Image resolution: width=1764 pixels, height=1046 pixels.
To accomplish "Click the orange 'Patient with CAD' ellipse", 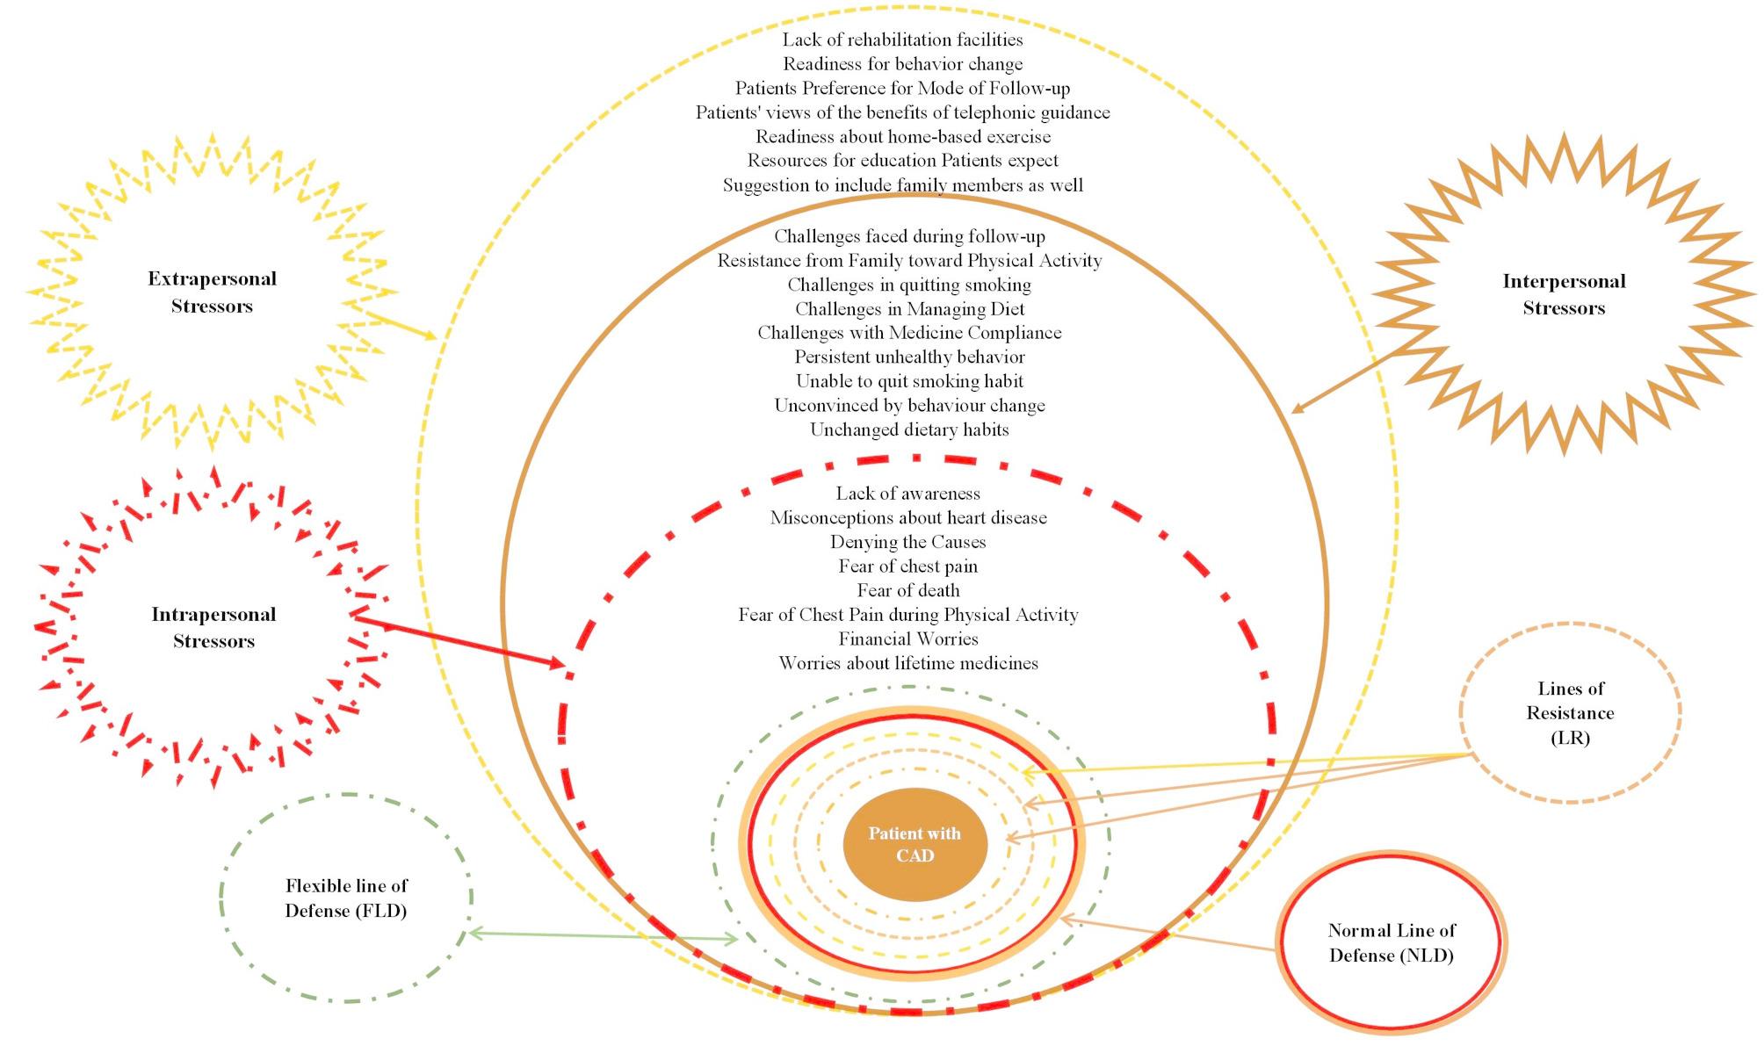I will pyautogui.click(x=915, y=844).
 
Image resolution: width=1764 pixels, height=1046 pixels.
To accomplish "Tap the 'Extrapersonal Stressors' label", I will pyautogui.click(x=212, y=292).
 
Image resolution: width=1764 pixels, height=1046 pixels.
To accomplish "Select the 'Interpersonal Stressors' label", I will pyautogui.click(x=1564, y=295).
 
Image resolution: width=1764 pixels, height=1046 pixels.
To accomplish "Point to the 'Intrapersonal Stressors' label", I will pyautogui.click(x=213, y=627).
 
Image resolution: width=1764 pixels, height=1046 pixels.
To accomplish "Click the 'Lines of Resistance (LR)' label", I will pyautogui.click(x=1570, y=713).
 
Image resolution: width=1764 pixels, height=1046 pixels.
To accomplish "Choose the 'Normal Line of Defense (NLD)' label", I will pyautogui.click(x=1392, y=942).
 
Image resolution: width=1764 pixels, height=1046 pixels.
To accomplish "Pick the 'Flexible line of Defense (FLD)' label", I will pyautogui.click(x=346, y=898).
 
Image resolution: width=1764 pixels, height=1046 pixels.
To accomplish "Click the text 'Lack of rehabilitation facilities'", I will pyautogui.click(x=902, y=40).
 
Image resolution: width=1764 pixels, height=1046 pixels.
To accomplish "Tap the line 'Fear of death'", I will pyautogui.click(x=908, y=590).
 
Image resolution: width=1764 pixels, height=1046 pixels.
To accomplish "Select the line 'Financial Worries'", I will pyautogui.click(x=908, y=638).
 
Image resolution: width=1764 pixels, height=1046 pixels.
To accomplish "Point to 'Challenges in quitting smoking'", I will pyautogui.click(x=909, y=285).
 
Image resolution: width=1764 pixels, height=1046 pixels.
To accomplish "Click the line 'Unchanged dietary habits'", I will pyautogui.click(x=909, y=429).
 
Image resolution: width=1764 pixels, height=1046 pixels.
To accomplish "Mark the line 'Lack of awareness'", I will pyautogui.click(x=907, y=494).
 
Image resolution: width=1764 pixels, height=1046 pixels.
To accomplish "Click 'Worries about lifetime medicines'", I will pyautogui.click(x=908, y=663).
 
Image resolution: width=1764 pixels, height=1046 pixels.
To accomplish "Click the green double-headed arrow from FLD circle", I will pyautogui.click(x=604, y=936).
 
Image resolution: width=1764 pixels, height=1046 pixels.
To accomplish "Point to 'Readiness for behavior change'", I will pyautogui.click(x=902, y=64).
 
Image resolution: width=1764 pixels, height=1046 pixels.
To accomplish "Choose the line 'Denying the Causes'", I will pyautogui.click(x=907, y=542).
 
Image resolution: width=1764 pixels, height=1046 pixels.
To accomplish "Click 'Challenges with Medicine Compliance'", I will pyautogui.click(x=909, y=333).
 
